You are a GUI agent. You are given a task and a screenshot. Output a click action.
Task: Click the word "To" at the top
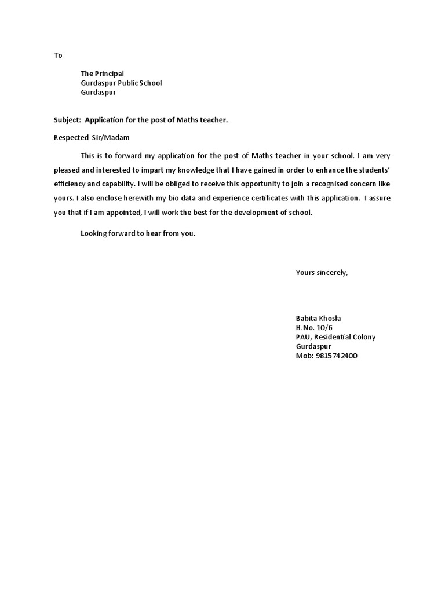pyautogui.click(x=58, y=56)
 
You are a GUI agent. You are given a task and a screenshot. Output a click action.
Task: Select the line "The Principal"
pyautogui.click(x=102, y=74)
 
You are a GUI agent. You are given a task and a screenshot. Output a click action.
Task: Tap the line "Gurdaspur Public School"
pyautogui.click(x=121, y=83)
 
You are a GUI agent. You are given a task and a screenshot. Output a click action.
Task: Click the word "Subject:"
pyautogui.click(x=67, y=120)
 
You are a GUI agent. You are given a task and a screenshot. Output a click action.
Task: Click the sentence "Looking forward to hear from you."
pyautogui.click(x=138, y=234)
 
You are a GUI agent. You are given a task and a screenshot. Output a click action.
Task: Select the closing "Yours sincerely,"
pyautogui.click(x=322, y=272)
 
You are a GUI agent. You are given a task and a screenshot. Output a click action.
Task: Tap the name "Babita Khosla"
pyautogui.click(x=319, y=319)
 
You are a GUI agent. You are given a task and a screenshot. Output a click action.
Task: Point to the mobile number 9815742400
pyautogui.click(x=335, y=356)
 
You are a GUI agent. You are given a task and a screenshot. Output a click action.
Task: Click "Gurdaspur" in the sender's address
pyautogui.click(x=313, y=346)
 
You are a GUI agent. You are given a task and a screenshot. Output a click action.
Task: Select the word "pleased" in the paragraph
pyautogui.click(x=67, y=170)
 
